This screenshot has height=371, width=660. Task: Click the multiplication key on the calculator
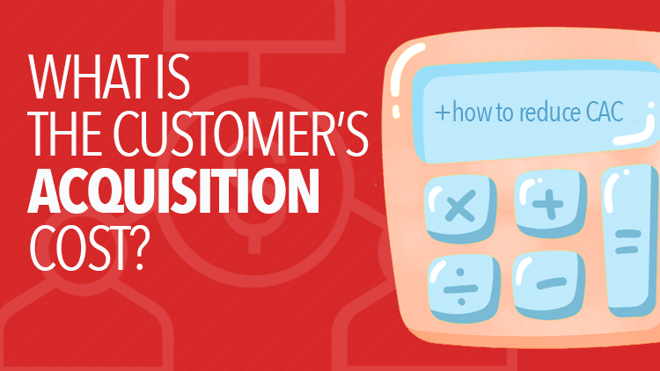pos(458,208)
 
